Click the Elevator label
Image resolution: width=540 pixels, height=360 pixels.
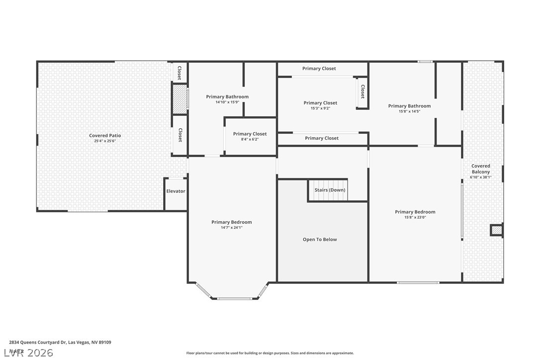pyautogui.click(x=176, y=191)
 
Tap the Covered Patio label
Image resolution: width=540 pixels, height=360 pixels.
pyautogui.click(x=105, y=136)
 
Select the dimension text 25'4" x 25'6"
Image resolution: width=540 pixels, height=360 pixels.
pyautogui.click(x=105, y=141)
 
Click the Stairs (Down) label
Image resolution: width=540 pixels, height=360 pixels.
pyautogui.click(x=330, y=190)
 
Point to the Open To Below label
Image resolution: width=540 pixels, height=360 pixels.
pyautogui.click(x=320, y=240)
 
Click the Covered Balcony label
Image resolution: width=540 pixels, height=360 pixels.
pyautogui.click(x=480, y=169)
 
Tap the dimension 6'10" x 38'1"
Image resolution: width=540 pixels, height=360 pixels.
pyautogui.click(x=480, y=177)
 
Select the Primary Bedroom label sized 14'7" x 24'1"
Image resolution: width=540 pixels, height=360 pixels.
pyautogui.click(x=231, y=222)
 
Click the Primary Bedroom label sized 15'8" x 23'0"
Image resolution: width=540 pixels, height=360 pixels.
pyautogui.click(x=415, y=212)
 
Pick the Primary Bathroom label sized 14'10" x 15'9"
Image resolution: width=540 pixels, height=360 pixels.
pyautogui.click(x=227, y=97)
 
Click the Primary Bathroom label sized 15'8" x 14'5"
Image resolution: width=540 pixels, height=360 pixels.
pyautogui.click(x=409, y=106)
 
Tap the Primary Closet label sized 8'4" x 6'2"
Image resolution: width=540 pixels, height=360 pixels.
pyautogui.click(x=250, y=134)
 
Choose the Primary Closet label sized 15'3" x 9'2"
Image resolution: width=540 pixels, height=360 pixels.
pyautogui.click(x=320, y=103)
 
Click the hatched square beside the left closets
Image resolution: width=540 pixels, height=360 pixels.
pyautogui.click(x=179, y=99)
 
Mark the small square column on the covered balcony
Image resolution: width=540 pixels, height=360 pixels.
pyautogui.click(x=496, y=230)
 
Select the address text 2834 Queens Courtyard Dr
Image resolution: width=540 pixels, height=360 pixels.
pyautogui.click(x=37, y=343)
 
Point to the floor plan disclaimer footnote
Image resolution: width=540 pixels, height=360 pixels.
pyautogui.click(x=270, y=353)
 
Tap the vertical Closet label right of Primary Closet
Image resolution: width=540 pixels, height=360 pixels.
pyautogui.click(x=362, y=91)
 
